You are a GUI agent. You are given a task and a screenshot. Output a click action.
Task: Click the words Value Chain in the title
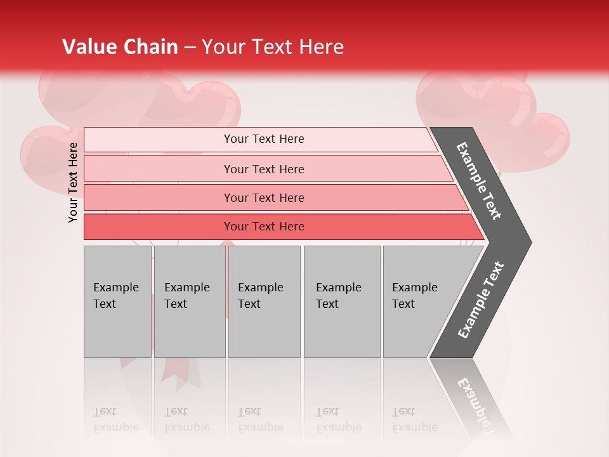(120, 47)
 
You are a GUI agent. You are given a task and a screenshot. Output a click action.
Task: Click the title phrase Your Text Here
(273, 47)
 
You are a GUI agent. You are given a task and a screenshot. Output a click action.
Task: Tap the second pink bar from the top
(264, 169)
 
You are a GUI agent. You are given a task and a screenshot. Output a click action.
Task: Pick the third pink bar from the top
(264, 197)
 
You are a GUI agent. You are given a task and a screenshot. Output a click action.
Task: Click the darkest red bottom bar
(264, 227)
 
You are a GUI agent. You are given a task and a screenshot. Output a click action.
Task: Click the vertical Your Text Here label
(73, 182)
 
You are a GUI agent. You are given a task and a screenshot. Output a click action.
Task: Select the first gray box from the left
(117, 301)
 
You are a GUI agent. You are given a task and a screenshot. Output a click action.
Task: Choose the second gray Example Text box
(189, 301)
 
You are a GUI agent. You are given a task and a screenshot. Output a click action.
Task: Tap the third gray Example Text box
(264, 301)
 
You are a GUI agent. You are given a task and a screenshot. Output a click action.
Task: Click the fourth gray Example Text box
(341, 301)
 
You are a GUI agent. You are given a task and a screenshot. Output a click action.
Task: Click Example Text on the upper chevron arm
(479, 181)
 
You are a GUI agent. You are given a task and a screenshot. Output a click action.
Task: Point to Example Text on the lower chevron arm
(481, 300)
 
